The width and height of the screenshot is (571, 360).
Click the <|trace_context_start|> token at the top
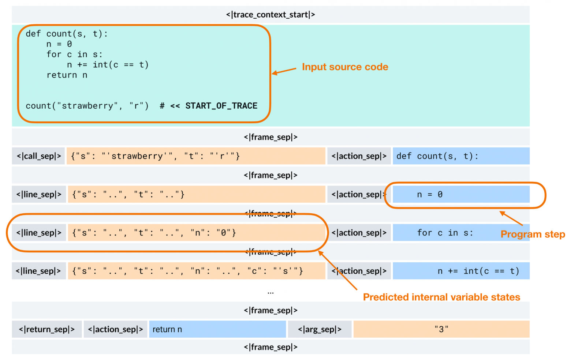click(x=270, y=15)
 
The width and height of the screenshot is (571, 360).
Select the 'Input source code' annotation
click(x=345, y=67)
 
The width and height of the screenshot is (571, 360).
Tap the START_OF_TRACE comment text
click(x=221, y=106)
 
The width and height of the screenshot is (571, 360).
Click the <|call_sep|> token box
click(x=38, y=156)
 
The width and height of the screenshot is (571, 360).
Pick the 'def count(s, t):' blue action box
click(x=460, y=156)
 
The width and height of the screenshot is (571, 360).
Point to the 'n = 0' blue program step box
click(x=460, y=194)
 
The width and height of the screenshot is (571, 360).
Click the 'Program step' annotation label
click(x=533, y=234)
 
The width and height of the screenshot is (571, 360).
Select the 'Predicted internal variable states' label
click(x=441, y=297)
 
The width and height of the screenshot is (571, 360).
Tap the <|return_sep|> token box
click(x=46, y=329)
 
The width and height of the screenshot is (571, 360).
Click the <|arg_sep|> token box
click(x=320, y=329)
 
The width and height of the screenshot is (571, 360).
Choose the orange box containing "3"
click(x=441, y=329)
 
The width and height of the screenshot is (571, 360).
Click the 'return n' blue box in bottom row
click(x=217, y=329)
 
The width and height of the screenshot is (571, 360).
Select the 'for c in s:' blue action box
click(x=445, y=233)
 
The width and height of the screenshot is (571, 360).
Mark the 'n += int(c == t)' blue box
click(x=460, y=271)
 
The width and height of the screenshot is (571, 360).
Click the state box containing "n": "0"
click(x=196, y=233)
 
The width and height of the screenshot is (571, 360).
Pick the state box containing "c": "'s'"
click(x=196, y=271)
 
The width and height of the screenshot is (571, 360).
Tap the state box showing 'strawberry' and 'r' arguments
click(x=196, y=156)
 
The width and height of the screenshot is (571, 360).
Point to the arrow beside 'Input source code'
click(x=284, y=71)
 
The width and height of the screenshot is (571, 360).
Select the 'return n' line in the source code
click(x=67, y=75)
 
